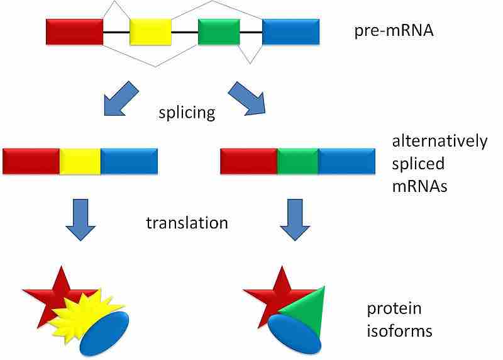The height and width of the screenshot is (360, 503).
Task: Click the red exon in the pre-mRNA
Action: [74, 32]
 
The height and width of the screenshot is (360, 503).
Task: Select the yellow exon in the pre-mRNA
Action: [150, 32]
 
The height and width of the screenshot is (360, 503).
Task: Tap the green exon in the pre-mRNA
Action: [218, 32]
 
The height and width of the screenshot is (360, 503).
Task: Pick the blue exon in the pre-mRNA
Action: [290, 32]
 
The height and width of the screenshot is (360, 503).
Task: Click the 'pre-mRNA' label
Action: [394, 30]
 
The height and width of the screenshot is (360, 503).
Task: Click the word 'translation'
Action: [187, 223]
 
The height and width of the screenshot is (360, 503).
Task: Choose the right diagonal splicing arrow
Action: [246, 98]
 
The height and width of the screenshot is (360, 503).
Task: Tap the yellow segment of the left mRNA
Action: [80, 161]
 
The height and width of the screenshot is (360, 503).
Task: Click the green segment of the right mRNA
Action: [297, 161]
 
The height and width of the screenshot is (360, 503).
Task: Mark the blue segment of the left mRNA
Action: [129, 161]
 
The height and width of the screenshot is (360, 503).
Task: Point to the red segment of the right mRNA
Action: [248, 161]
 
